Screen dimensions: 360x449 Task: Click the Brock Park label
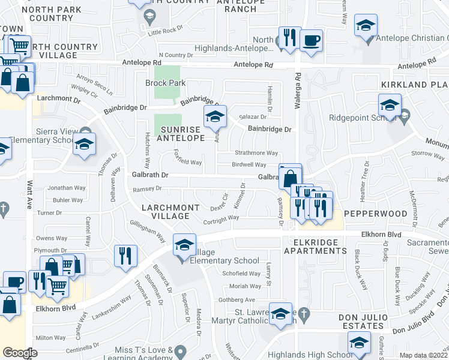[166, 83]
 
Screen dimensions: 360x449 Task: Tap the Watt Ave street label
[29, 190]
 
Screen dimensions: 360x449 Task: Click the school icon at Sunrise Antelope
[214, 117]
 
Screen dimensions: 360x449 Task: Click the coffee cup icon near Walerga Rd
[311, 41]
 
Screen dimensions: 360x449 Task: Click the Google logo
[20, 353]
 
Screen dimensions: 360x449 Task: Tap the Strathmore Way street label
[256, 153]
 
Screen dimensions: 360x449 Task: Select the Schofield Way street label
[242, 273]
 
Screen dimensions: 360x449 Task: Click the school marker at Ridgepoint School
[390, 106]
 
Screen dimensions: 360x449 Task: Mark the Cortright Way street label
[222, 221]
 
